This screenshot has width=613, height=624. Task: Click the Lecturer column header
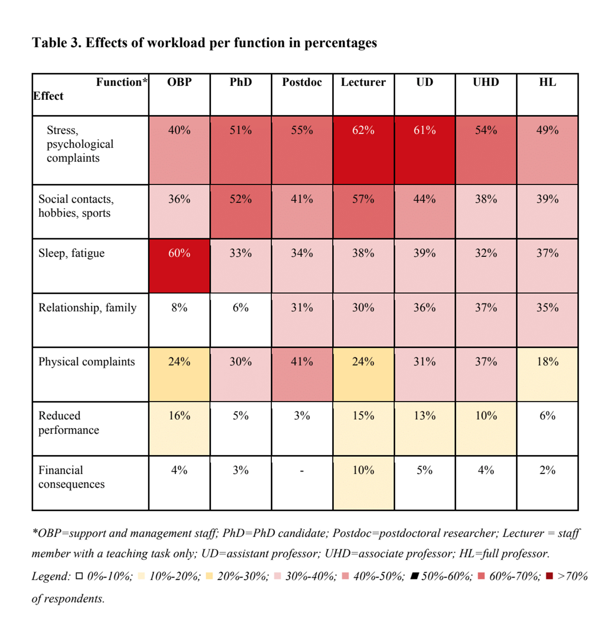coord(363,82)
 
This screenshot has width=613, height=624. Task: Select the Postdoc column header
coord(302,82)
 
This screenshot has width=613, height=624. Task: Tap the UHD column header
coord(485,82)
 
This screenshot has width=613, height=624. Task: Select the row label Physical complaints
coord(86,362)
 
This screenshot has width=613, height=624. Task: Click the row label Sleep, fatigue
coord(71,254)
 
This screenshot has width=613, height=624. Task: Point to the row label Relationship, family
coord(87,308)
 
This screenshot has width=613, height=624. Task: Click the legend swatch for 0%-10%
coord(79,576)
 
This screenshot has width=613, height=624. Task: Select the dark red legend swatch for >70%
coord(549,576)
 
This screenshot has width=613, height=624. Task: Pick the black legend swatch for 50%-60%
coord(414,576)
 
